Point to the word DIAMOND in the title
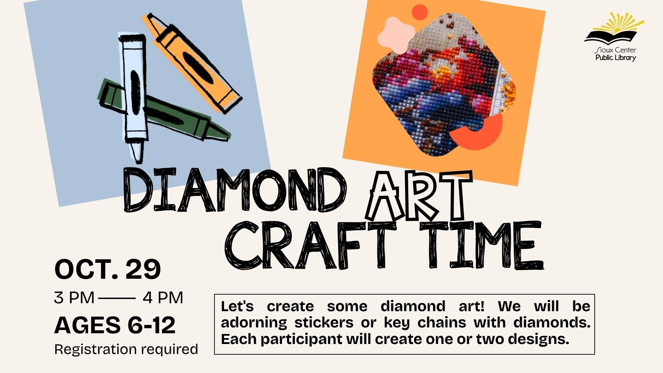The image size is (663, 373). click(x=235, y=190)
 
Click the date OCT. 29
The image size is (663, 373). click(x=107, y=269)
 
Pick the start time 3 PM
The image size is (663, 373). click(x=74, y=298)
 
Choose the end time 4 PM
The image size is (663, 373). click(x=163, y=298)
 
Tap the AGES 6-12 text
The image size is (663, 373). click(x=115, y=325)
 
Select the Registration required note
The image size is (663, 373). click(x=126, y=350)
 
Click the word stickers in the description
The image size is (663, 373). click(x=324, y=323)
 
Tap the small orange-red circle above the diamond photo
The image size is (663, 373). click(x=420, y=12)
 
